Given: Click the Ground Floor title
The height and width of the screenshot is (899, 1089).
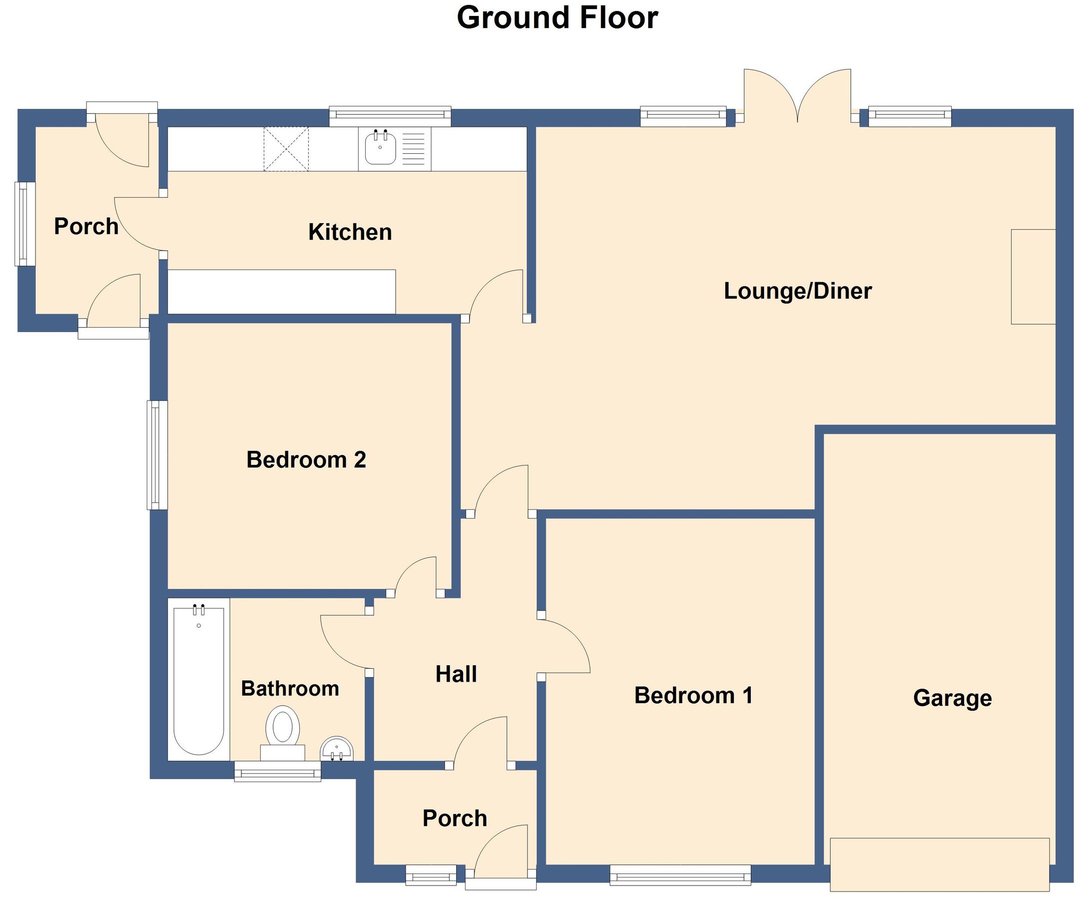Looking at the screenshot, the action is point(557,17).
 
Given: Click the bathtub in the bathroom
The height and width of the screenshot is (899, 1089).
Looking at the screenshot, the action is point(199,679).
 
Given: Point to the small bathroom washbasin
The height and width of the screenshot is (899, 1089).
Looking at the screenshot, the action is point(337,748).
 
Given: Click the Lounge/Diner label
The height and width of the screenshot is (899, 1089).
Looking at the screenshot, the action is point(797,291).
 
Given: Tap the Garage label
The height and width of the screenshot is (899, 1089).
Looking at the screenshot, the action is point(952,698).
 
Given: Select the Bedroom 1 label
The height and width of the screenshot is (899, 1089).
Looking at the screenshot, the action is point(693,695).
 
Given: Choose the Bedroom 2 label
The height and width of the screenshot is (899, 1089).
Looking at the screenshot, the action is point(306,459).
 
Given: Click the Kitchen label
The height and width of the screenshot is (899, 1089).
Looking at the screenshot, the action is point(350,232).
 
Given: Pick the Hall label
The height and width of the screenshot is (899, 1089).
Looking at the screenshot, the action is point(456,674).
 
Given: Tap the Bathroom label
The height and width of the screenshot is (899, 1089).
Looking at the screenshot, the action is point(290,688).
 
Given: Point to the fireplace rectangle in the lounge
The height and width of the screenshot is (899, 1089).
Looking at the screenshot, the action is point(1033,277).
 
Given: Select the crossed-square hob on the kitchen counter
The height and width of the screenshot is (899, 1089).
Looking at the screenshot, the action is point(286,149).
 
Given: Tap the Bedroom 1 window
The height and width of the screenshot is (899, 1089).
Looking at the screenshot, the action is point(680,875).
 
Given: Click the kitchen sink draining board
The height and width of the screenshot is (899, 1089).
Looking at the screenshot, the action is point(413,149).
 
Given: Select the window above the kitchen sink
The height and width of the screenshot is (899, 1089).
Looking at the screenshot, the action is point(390,116).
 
